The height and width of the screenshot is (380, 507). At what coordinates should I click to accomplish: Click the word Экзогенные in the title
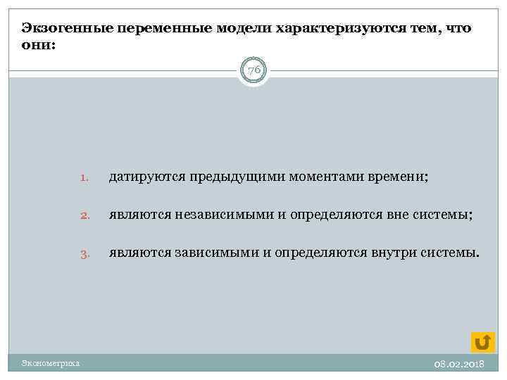62,28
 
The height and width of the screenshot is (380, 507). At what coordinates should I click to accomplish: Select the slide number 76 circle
254,70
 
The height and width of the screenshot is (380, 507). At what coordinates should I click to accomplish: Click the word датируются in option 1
145,178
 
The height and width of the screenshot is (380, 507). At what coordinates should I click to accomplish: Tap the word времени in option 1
396,178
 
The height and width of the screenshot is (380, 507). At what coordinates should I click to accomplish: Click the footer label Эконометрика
50,363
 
